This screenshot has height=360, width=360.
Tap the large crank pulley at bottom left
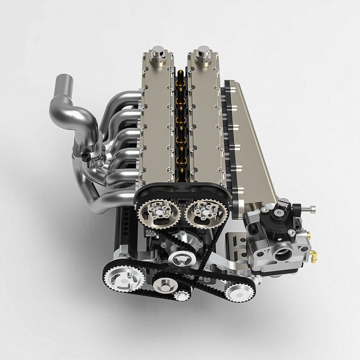pyautogui.click(x=123, y=277)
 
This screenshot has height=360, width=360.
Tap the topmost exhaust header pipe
pyautogui.click(x=121, y=97)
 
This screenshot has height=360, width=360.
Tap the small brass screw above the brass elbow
pyautogui.click(x=309, y=234)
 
